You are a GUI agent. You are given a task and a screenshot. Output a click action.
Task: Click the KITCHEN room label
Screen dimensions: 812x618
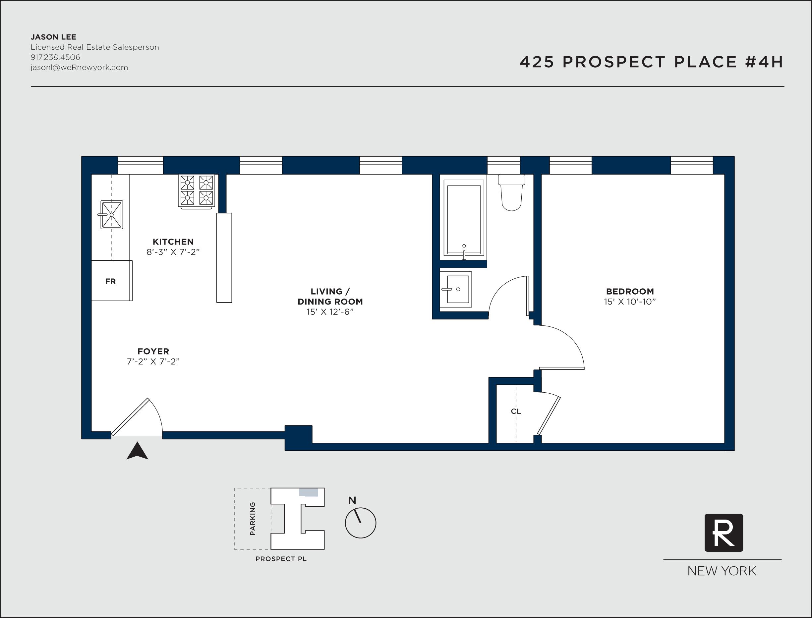pyautogui.click(x=173, y=242)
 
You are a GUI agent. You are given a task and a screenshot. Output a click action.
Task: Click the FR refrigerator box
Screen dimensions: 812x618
pyautogui.click(x=111, y=281)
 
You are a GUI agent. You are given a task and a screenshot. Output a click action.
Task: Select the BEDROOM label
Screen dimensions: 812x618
pyautogui.click(x=630, y=291)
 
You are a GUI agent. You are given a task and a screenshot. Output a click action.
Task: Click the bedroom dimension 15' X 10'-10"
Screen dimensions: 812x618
pyautogui.click(x=630, y=302)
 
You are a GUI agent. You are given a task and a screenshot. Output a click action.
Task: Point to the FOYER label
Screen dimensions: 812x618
pyautogui.click(x=153, y=351)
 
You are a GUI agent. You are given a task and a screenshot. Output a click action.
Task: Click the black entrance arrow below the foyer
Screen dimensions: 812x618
pyautogui.click(x=137, y=451)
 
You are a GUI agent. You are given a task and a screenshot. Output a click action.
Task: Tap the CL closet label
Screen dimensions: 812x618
pyautogui.click(x=516, y=411)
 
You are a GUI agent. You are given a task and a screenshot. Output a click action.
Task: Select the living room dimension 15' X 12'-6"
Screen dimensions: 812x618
pyautogui.click(x=330, y=312)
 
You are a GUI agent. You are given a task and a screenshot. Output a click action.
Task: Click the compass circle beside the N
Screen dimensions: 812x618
pyautogui.click(x=361, y=523)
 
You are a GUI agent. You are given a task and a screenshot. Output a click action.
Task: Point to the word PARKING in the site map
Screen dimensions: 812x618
pyautogui.click(x=253, y=519)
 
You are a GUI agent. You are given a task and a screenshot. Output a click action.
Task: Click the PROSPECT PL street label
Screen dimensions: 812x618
pyautogui.click(x=281, y=559)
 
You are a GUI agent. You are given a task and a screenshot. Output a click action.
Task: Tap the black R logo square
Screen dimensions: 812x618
pyautogui.click(x=723, y=533)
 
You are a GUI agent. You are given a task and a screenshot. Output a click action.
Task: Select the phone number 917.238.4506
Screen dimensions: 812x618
pyautogui.click(x=55, y=57)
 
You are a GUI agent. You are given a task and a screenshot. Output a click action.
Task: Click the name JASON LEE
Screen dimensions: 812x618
pyautogui.click(x=53, y=37)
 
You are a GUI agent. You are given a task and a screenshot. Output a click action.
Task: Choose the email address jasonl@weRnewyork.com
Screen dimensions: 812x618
pyautogui.click(x=79, y=67)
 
